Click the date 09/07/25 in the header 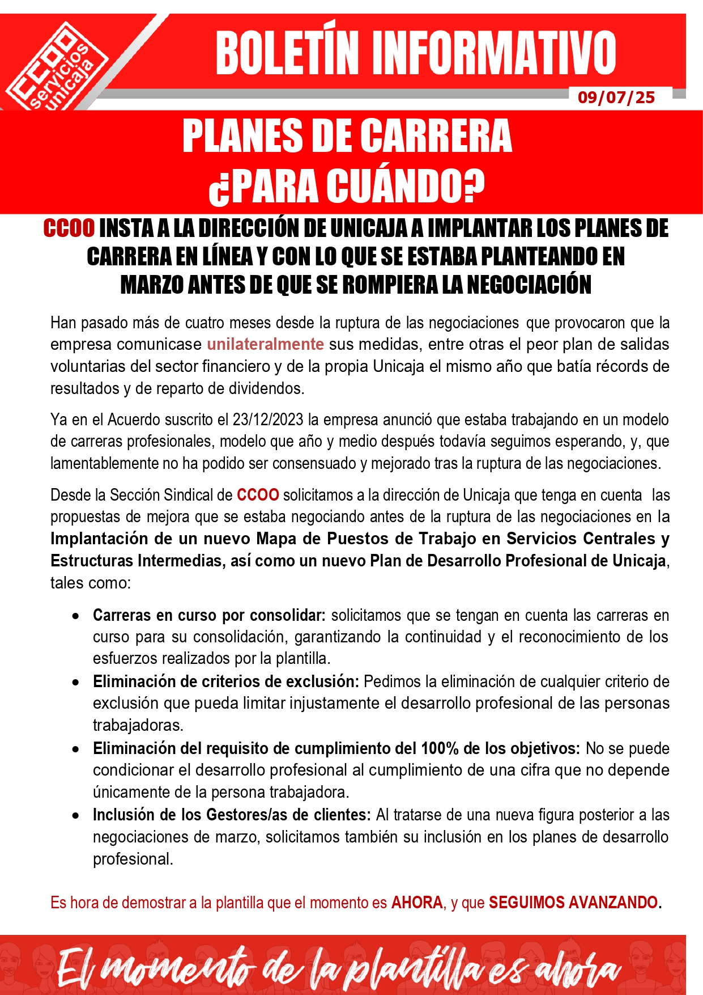(x=616, y=98)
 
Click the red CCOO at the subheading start (x=69, y=228)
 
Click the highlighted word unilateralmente (x=265, y=344)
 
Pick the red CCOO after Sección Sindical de (x=258, y=495)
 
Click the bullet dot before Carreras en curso (x=75, y=616)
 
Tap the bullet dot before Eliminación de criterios (x=75, y=682)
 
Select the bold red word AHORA (x=417, y=903)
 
